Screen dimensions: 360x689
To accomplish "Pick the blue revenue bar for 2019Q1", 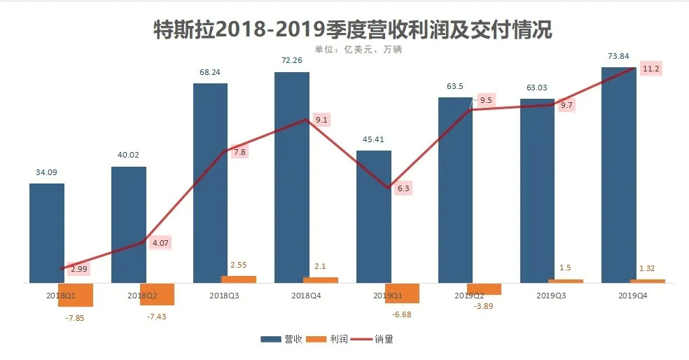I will click(x=374, y=217).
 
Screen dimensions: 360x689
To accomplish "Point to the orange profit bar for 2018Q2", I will click(x=157, y=294).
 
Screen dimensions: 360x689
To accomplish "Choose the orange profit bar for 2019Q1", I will click(x=402, y=293).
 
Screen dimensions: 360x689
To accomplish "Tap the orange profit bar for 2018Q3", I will click(x=239, y=279).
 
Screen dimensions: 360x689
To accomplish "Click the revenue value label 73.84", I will click(x=619, y=56).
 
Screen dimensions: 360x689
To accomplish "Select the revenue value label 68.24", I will click(x=211, y=72).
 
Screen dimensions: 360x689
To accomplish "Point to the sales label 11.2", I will click(x=650, y=69).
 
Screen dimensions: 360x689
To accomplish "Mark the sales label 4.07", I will click(x=160, y=243).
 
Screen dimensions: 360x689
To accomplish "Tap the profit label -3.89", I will click(x=484, y=306).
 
